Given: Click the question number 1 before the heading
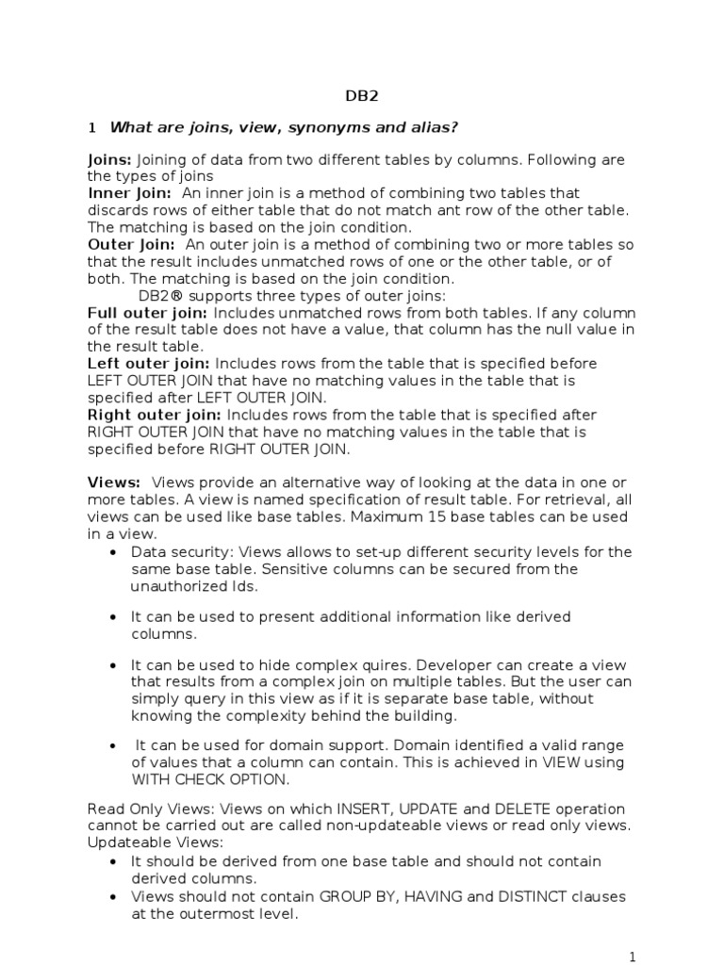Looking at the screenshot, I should [91, 127].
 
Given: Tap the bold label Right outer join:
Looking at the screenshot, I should [155, 415].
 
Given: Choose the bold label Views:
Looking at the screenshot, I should [114, 483].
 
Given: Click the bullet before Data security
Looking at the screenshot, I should [114, 552].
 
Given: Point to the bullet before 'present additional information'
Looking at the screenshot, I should [114, 617].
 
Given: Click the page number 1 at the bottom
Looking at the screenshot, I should [633, 956].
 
